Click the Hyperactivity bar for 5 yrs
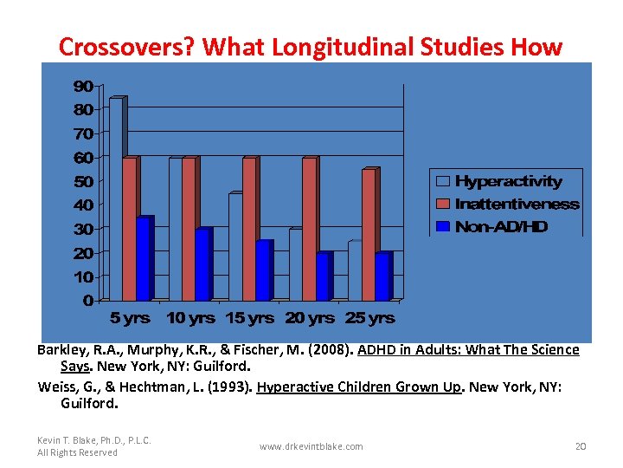tap(116, 199)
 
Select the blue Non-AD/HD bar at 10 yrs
tap(202, 264)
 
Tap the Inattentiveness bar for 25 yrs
tap(369, 234)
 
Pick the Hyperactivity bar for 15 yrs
tap(234, 247)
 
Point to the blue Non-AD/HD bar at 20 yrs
tap(322, 276)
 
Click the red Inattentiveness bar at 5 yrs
tap(129, 229)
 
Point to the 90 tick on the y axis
tap(83, 86)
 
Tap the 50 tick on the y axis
tap(83, 181)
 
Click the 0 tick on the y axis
tap(87, 301)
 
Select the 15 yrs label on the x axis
tap(249, 318)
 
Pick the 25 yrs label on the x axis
tap(369, 318)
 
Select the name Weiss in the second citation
tap(57, 387)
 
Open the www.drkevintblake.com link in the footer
tap(311, 446)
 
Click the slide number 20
tap(580, 446)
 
